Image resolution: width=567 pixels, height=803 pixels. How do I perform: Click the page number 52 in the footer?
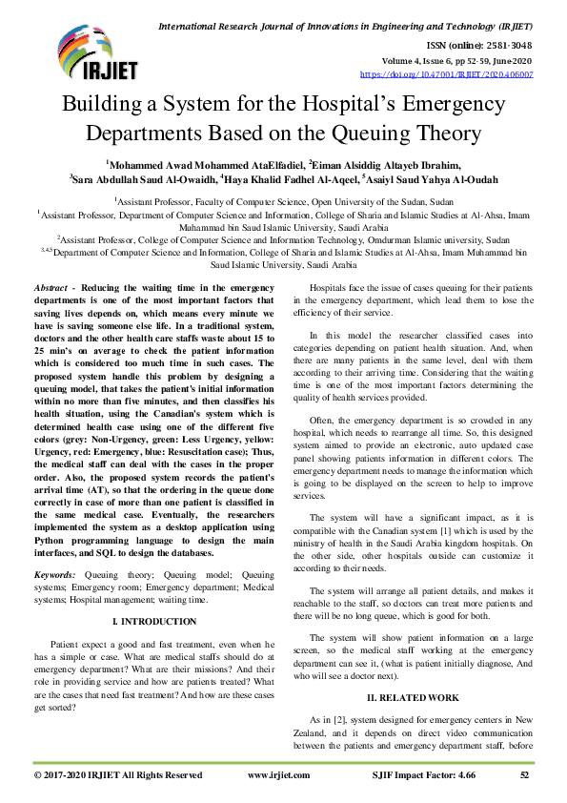click(x=524, y=776)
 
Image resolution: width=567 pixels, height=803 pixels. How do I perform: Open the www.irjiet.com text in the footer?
click(x=275, y=776)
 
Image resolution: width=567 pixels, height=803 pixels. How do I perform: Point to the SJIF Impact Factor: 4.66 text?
click(x=417, y=776)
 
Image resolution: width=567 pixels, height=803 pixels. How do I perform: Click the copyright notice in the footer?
click(x=118, y=776)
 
